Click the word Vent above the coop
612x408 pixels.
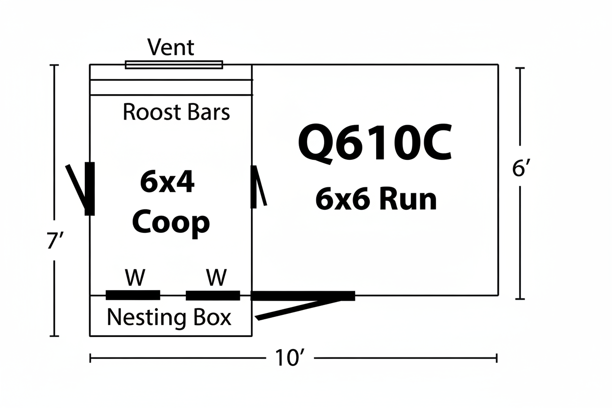click(x=171, y=48)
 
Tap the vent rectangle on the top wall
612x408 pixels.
click(x=174, y=65)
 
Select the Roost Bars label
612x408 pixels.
click(x=176, y=112)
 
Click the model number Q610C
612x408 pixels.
click(x=375, y=142)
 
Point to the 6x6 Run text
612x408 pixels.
click(x=376, y=200)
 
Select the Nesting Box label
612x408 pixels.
click(x=169, y=317)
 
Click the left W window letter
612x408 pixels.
click(x=135, y=278)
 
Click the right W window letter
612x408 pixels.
click(x=216, y=278)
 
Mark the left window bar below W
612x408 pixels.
click(x=133, y=295)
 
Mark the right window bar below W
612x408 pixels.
click(x=213, y=295)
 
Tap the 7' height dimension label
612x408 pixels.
click(x=54, y=242)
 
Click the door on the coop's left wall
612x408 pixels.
click(x=89, y=189)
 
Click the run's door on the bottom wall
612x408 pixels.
click(x=303, y=296)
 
